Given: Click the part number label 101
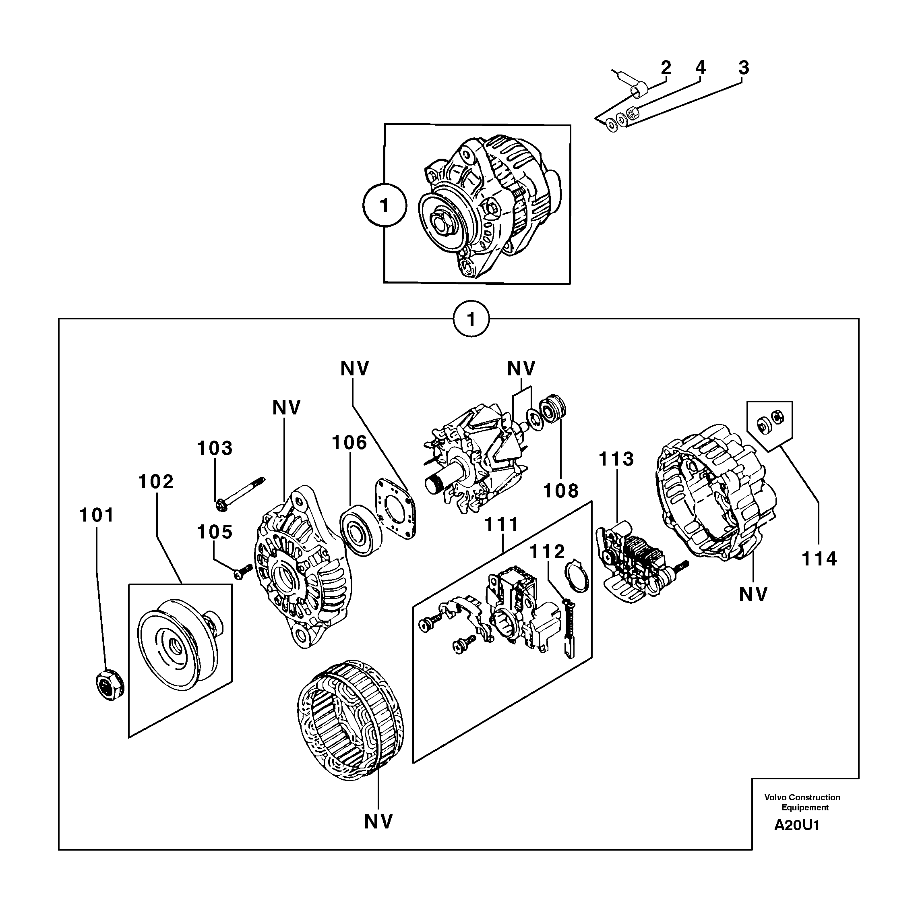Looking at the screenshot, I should (97, 515).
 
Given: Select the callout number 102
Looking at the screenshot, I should (156, 482).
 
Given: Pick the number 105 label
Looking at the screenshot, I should (215, 532).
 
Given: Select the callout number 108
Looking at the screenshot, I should (561, 491).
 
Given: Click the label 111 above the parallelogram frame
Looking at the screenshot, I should (502, 525).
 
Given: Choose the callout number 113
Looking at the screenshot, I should (616, 459).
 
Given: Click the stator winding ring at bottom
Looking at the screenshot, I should (349, 727).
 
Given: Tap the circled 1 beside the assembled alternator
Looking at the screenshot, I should (385, 206).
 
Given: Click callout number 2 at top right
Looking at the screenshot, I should (666, 68).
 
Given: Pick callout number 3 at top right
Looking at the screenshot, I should (744, 68).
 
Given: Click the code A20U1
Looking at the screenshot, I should (797, 825).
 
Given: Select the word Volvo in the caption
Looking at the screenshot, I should (775, 797).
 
